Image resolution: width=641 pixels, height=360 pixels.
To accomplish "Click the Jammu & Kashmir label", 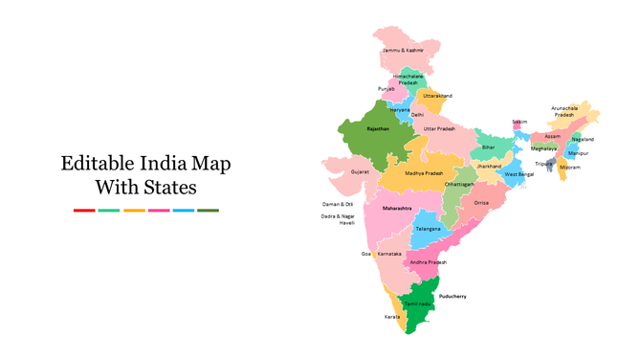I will click(402, 50).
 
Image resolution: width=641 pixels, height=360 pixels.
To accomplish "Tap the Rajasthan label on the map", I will click(378, 127).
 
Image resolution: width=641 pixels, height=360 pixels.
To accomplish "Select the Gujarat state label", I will click(360, 171).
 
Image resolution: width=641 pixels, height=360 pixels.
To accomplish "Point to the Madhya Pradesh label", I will click(424, 173).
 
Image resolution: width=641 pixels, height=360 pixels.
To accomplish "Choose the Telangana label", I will click(428, 229).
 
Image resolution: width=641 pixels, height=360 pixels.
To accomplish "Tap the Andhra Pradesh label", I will click(428, 261).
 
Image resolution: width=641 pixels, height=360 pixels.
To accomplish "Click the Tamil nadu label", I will click(417, 304).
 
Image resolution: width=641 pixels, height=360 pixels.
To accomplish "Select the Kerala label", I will click(392, 316).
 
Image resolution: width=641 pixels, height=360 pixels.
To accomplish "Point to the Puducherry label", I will click(453, 296).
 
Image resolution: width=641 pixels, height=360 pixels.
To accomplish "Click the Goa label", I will click(365, 254).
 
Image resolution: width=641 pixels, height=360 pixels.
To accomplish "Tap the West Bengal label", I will click(519, 174).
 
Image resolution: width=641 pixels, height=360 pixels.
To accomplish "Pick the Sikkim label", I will click(519, 122).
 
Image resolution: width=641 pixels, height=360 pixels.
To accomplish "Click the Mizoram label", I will click(569, 168).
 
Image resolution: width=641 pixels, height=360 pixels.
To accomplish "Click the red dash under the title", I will click(84, 210).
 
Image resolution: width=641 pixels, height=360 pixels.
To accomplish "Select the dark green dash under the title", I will click(208, 210).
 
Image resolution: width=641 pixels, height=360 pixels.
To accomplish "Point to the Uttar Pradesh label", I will click(439, 128).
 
